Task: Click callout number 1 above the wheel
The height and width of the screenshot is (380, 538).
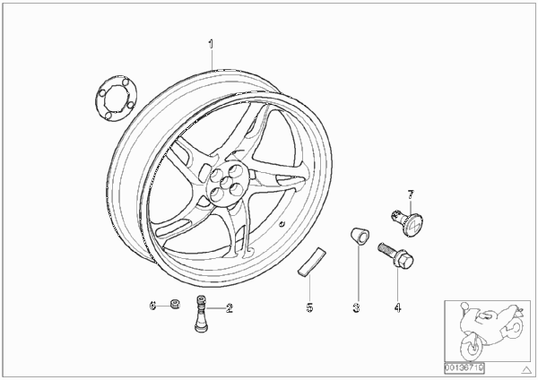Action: (x=211, y=44)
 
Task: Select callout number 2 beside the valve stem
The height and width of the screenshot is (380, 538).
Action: (x=230, y=308)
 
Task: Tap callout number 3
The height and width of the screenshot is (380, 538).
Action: (x=357, y=307)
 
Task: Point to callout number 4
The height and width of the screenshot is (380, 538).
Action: (x=397, y=307)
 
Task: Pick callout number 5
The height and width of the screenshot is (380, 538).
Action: (x=309, y=307)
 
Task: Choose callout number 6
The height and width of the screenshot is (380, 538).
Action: (x=153, y=306)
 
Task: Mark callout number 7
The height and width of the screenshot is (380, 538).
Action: (x=411, y=194)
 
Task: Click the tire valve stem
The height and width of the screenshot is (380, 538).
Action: (x=200, y=314)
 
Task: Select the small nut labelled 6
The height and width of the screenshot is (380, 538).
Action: (x=175, y=304)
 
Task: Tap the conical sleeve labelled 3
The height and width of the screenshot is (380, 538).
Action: (x=360, y=237)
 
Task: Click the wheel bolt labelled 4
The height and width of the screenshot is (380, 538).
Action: (x=396, y=256)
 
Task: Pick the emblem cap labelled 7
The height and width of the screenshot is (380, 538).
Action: (x=407, y=223)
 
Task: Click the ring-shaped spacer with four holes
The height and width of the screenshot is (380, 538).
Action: (x=117, y=98)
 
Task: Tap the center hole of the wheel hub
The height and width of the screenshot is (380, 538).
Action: (x=225, y=182)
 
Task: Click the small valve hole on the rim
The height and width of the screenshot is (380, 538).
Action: (x=282, y=225)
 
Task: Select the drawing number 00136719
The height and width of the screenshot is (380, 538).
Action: (x=464, y=368)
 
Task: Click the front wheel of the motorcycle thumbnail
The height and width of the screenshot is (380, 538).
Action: (x=471, y=345)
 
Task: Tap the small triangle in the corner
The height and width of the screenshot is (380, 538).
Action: (x=526, y=370)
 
